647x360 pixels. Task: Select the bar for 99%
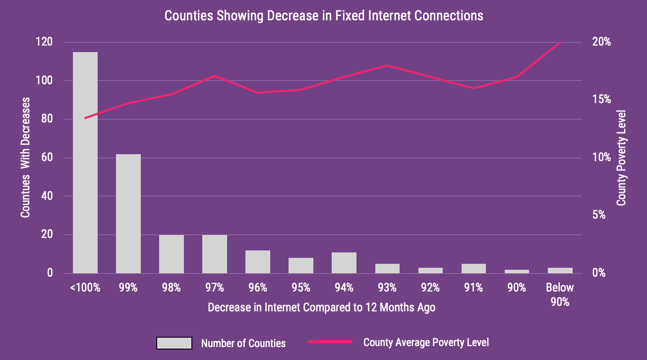coord(128,214)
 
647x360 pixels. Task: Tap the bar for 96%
coord(258,262)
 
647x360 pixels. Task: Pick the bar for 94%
coord(344,263)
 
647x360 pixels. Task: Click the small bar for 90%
coord(517,271)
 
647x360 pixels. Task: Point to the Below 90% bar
coord(560,270)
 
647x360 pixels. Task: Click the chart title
coord(323,16)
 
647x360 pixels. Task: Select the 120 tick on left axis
coord(45,42)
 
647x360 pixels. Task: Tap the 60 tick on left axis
coord(48,158)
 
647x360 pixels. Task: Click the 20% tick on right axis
coord(601,42)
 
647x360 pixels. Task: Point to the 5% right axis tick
coord(599,215)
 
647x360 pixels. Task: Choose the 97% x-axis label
coord(215,288)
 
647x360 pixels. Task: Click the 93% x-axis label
coord(387,288)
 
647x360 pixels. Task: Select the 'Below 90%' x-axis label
coord(560,295)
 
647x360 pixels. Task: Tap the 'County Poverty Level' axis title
coord(621,158)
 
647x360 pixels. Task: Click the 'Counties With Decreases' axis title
coord(26,158)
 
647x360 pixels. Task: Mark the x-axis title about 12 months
coord(321,307)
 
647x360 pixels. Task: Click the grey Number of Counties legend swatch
coord(174,343)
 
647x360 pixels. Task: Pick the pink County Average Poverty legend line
coord(330,342)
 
